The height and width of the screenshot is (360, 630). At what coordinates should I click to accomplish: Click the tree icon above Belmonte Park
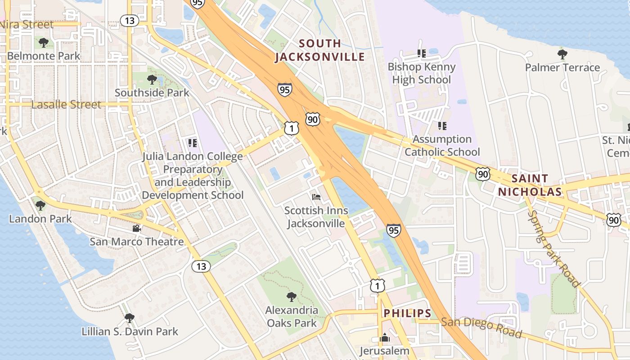tap(44, 43)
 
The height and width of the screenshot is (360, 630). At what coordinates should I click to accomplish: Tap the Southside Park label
tap(152, 93)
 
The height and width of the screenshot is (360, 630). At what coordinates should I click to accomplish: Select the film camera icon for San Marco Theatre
tap(136, 228)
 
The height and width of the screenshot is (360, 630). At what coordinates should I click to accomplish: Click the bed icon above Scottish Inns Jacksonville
tap(316, 197)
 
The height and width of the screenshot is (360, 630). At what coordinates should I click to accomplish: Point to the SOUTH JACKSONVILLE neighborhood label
tap(320, 50)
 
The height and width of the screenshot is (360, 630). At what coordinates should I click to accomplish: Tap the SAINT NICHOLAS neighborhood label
tap(530, 185)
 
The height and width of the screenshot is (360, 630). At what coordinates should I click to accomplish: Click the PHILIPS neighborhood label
tap(407, 313)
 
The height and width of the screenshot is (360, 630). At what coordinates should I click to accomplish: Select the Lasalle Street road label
tap(66, 104)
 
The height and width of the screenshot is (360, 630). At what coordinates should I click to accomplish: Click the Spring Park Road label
tap(553, 248)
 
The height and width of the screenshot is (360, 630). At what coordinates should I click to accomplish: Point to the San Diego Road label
tap(481, 328)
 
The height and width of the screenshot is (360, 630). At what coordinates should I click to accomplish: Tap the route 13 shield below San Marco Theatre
tap(201, 266)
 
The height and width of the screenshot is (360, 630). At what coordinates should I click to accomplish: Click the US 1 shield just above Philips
tap(378, 285)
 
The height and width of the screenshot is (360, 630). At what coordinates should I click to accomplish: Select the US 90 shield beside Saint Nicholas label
tap(483, 174)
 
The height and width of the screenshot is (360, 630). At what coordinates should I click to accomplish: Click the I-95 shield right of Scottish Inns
tap(393, 231)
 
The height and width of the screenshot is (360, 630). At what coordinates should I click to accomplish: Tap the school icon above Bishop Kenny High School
tap(422, 54)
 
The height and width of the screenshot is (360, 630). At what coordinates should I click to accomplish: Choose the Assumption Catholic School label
tap(442, 145)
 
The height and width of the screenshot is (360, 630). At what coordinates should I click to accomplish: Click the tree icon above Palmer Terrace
tap(562, 54)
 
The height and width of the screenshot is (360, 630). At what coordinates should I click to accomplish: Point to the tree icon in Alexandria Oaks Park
tap(292, 297)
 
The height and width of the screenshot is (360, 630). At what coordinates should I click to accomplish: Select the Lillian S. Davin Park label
tap(130, 332)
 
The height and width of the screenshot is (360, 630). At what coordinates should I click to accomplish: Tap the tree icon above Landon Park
tap(40, 206)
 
